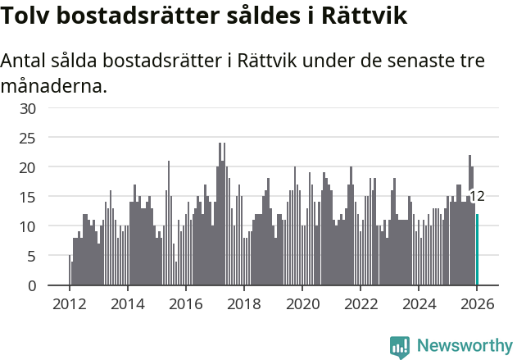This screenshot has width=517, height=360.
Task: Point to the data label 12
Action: [x=477, y=196]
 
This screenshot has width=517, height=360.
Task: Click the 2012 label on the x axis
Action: [x=69, y=303]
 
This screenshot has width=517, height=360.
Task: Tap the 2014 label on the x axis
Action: [x=127, y=303]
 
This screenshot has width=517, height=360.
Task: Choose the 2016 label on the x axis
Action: [x=185, y=303]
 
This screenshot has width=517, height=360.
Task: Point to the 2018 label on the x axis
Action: [x=243, y=303]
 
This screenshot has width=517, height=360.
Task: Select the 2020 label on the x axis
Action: [x=302, y=303]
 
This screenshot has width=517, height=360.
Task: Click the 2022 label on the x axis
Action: [x=360, y=303]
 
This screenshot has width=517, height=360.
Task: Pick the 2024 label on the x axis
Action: [x=418, y=303]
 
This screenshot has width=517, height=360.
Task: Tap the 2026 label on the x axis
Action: [x=476, y=303]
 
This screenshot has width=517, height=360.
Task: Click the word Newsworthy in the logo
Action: [x=464, y=345]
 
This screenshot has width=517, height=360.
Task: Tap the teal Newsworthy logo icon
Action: [x=400, y=346]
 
